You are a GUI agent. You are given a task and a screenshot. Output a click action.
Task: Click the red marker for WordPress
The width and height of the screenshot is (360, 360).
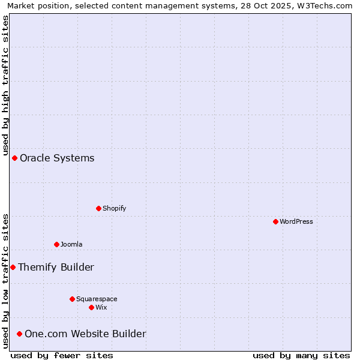tap(275, 221)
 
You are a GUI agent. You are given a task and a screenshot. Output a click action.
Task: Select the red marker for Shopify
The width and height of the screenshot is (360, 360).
tap(98, 208)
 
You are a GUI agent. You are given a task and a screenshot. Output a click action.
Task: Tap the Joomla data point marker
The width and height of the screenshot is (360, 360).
tap(56, 244)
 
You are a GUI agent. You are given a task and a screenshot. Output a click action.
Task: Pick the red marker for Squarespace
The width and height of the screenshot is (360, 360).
tap(72, 299)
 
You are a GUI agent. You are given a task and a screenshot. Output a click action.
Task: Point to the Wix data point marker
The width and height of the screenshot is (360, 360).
tap(91, 307)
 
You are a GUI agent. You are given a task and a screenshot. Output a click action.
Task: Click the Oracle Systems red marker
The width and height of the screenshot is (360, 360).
tap(14, 158)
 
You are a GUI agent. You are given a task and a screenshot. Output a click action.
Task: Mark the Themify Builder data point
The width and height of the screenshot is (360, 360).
tap(13, 267)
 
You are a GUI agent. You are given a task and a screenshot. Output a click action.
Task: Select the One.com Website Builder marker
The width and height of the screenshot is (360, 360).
tap(19, 334)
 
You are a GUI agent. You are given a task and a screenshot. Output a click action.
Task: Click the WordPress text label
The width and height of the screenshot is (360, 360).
tap(296, 221)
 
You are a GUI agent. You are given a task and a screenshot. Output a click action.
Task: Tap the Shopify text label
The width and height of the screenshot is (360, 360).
tap(115, 208)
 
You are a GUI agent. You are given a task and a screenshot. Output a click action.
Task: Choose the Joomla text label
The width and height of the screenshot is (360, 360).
tap(71, 244)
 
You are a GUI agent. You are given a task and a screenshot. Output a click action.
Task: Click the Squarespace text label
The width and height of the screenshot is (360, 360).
tap(97, 299)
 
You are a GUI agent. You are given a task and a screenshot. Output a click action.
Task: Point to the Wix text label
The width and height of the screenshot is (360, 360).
tap(101, 307)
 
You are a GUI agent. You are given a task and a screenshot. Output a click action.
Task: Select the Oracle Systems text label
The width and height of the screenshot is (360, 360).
tap(57, 158)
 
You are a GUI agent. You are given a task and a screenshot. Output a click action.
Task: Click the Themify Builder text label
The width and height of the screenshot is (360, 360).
tap(56, 267)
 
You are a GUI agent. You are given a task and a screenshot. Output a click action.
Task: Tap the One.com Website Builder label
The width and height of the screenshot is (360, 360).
tap(85, 334)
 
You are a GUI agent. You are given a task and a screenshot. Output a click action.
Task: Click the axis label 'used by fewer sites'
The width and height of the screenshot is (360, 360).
tap(62, 355)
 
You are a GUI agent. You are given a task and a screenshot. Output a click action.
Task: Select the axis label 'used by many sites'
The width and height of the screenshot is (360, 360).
tap(301, 355)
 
